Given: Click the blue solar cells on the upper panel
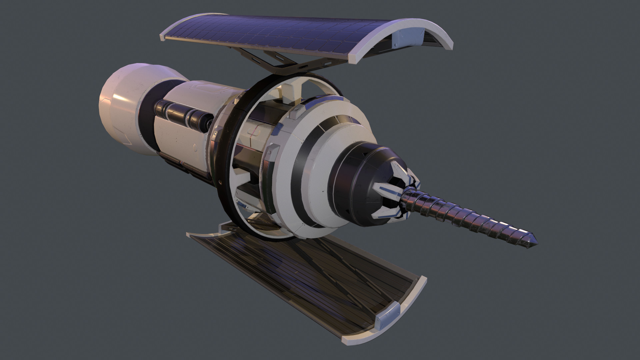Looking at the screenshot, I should click(x=267, y=33).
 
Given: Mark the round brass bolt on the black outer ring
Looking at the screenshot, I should click(x=220, y=181).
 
